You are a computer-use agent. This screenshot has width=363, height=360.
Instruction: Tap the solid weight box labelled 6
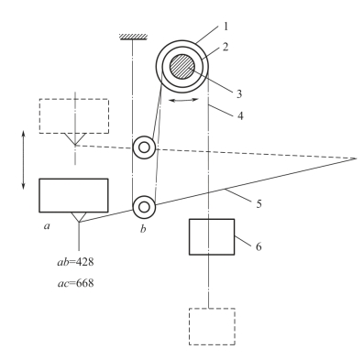coord(212,236)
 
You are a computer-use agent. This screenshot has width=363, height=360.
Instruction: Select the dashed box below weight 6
coord(212,325)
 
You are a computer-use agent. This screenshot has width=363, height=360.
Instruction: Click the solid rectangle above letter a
coord(73,195)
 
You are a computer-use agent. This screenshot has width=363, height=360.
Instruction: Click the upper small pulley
coord(143,147)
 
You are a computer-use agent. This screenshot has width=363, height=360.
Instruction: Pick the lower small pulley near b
coord(143,207)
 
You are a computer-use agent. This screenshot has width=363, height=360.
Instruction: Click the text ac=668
coord(80,283)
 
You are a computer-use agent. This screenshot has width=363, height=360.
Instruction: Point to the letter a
coord(47,224)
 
